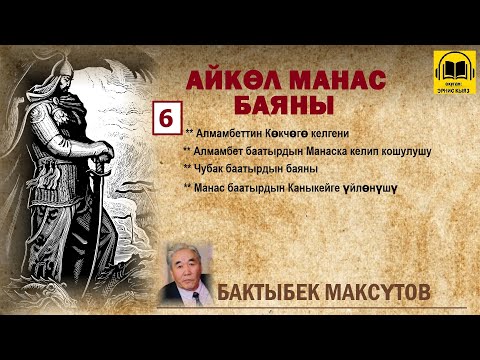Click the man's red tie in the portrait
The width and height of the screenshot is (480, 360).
coord(190,294)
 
